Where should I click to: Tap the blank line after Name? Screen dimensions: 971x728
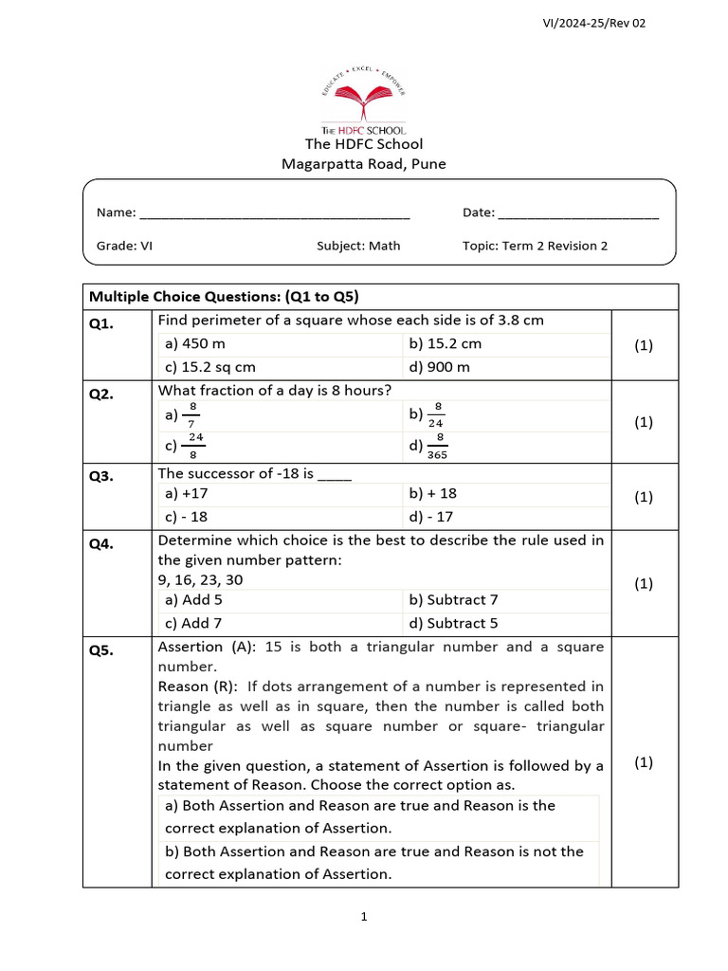(x=274, y=214)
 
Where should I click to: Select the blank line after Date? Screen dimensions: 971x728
(x=577, y=214)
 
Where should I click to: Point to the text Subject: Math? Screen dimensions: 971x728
(x=358, y=246)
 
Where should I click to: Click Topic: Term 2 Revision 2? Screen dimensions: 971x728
(x=535, y=246)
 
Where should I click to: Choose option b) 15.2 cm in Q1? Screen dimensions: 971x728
(x=445, y=343)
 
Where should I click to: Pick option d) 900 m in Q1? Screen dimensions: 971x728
(x=439, y=367)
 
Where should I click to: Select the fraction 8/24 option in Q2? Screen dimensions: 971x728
(x=428, y=414)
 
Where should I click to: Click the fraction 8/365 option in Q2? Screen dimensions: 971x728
(x=428, y=446)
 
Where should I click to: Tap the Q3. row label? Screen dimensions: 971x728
(x=101, y=477)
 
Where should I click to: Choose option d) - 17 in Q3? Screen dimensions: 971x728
(x=430, y=517)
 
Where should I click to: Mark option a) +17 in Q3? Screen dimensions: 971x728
(x=186, y=493)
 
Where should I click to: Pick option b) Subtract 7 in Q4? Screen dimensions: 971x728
(x=453, y=599)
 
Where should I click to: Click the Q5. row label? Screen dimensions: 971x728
(x=101, y=650)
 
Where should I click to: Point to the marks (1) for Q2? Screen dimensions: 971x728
(x=644, y=422)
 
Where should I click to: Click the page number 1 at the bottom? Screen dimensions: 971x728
(x=364, y=916)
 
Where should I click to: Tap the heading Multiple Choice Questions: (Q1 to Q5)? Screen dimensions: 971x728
(x=224, y=296)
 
